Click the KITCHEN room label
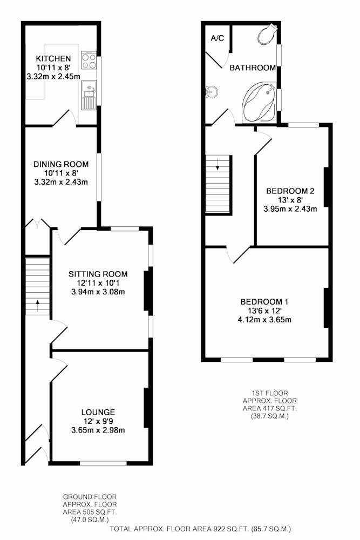53,58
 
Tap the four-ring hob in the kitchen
89,60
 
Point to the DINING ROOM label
61,164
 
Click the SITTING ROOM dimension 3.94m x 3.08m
98,292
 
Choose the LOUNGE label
98,412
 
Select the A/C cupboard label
218,38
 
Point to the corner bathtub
259,102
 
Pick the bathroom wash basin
211,92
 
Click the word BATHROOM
253,68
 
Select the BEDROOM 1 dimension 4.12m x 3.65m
264,320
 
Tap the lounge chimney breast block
146,408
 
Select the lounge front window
103,463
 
